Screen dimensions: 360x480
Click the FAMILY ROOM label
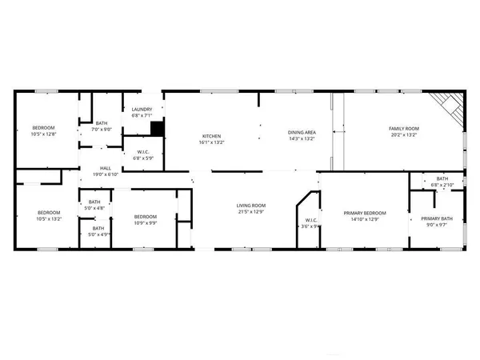[x=404, y=128]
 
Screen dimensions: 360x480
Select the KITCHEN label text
[x=211, y=136]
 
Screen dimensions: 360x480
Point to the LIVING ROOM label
[x=250, y=206]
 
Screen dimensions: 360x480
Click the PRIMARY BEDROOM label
[x=365, y=212]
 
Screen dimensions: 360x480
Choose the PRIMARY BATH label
[x=437, y=218]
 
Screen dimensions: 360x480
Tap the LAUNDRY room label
[x=132, y=109]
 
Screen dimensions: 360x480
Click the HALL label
[x=106, y=168]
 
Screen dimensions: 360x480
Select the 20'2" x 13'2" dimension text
[x=404, y=135]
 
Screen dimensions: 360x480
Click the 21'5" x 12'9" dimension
[x=250, y=213]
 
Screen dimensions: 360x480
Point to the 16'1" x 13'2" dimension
[x=211, y=143]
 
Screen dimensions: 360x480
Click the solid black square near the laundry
[x=158, y=127]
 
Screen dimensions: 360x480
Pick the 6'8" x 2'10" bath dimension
[x=442, y=185]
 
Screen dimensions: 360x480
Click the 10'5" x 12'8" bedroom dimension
[x=44, y=135]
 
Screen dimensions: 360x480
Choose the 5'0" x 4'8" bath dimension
[x=95, y=208]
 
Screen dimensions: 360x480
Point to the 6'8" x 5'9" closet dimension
[x=143, y=158]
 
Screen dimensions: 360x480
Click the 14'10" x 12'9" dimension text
[x=365, y=219]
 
